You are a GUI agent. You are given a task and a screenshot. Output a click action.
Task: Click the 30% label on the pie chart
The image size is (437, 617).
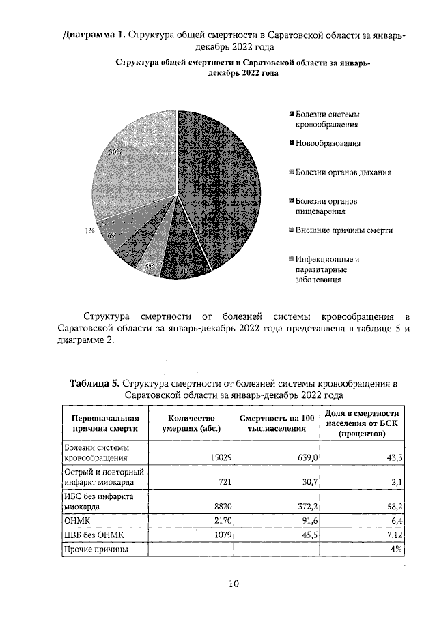[x=116, y=153]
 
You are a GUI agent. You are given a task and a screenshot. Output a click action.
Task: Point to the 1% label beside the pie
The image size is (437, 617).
[x=89, y=231]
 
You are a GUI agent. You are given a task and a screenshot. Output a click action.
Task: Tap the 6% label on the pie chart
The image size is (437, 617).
[x=112, y=235]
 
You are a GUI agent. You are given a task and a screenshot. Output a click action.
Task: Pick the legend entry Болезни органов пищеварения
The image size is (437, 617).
[x=326, y=207]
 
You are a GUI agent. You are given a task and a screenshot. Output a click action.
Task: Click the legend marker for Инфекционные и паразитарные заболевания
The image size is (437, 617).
[x=291, y=259]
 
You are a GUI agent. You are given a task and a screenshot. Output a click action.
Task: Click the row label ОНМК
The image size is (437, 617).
[x=76, y=521]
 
